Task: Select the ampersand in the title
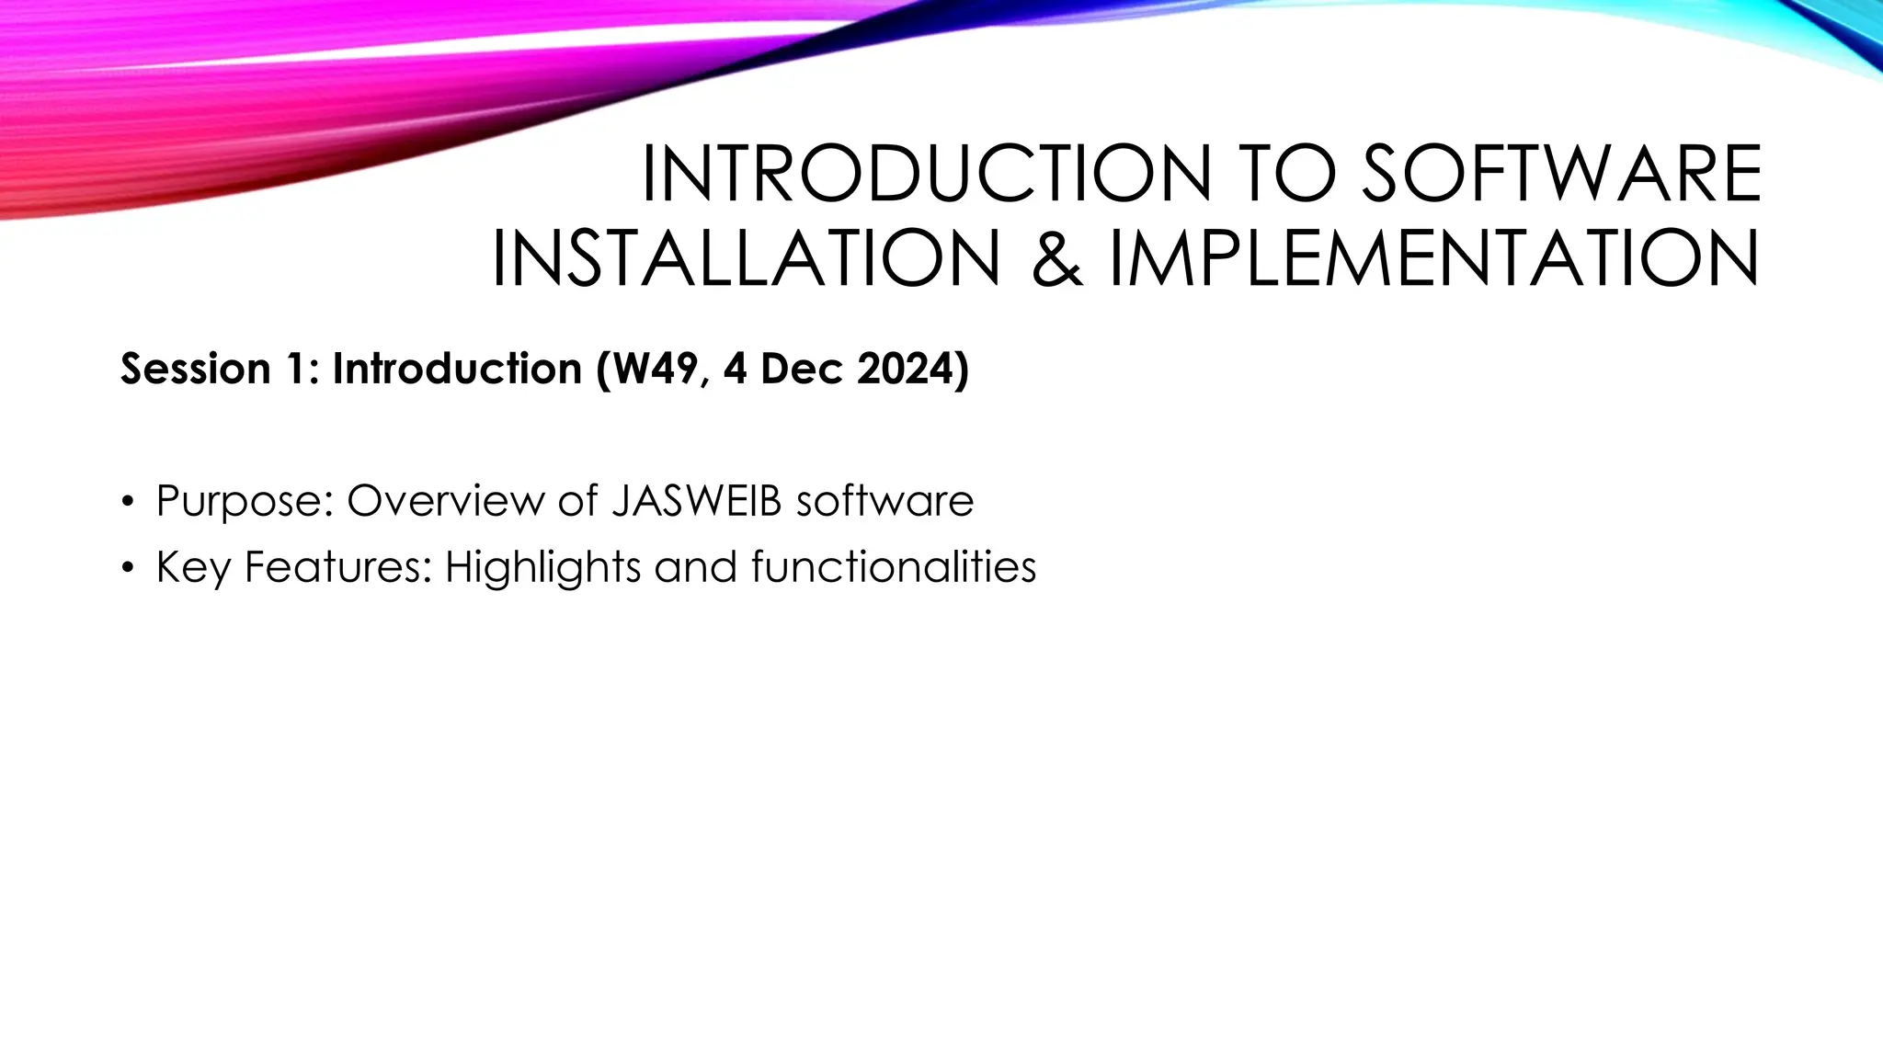[x=1057, y=259]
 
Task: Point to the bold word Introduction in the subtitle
[x=457, y=369]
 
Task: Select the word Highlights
[x=542, y=567]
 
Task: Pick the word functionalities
[x=894, y=567]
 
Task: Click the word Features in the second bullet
[x=337, y=567]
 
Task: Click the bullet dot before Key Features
[x=127, y=568]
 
